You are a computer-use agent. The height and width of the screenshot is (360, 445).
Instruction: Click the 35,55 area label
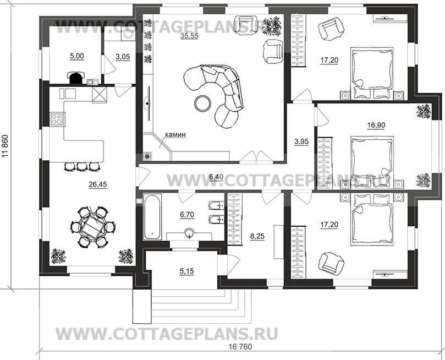pos(189,36)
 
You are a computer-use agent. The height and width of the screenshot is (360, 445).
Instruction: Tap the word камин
pos(175,134)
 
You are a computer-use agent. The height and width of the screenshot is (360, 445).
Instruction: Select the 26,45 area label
pos(98,184)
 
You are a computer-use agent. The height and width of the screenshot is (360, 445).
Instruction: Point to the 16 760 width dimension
pos(240,347)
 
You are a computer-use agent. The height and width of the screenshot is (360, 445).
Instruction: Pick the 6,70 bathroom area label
pos(187,215)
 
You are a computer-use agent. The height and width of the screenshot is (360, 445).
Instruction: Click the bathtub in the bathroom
pos(152,217)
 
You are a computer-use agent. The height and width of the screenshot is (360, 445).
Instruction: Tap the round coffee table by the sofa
pos(202,103)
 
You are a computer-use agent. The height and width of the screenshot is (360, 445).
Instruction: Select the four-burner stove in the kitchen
pos(57,119)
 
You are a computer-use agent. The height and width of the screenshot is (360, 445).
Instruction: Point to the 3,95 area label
pos(301,141)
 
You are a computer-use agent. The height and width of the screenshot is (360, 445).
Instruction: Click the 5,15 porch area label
pos(186,271)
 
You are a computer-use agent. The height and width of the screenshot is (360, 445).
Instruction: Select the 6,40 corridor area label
pos(216,177)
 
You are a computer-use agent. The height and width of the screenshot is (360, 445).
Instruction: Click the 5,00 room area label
pos(77,56)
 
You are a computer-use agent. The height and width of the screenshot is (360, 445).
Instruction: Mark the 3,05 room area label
pos(123,57)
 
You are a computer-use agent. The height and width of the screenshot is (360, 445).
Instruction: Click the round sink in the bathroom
pos(189,234)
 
